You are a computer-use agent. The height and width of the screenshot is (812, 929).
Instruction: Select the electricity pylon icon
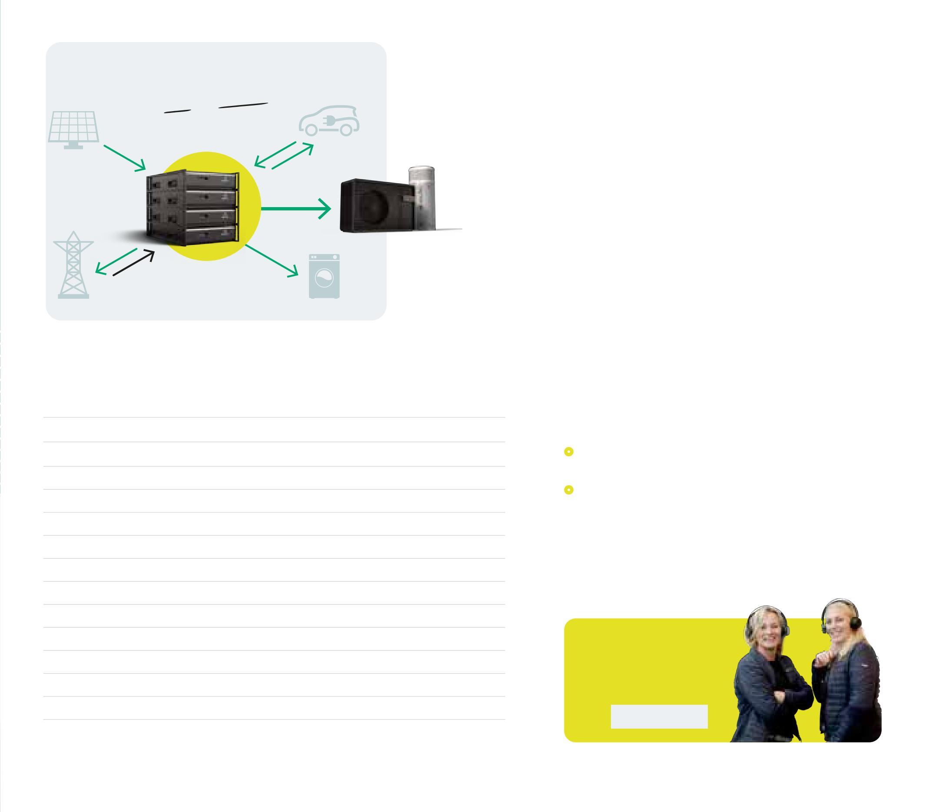[x=73, y=266]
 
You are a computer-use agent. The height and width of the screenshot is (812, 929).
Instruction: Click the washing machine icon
[x=324, y=276]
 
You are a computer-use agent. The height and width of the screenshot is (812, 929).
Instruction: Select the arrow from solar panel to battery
[x=124, y=158]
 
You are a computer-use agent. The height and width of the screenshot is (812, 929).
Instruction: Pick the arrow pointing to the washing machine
[x=272, y=261]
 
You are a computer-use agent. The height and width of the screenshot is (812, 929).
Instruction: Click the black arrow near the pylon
[x=133, y=263]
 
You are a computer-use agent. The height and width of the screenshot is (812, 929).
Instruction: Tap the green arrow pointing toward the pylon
[x=116, y=261]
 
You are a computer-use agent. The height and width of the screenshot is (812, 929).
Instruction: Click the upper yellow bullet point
[x=568, y=451]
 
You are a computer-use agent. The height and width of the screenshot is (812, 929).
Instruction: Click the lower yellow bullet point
[x=568, y=489]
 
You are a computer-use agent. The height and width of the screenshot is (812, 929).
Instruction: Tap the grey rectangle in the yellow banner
[x=659, y=716]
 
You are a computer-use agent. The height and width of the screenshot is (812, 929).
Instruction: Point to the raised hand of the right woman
[x=821, y=659]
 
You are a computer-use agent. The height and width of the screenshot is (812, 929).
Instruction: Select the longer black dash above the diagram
[x=243, y=106]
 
